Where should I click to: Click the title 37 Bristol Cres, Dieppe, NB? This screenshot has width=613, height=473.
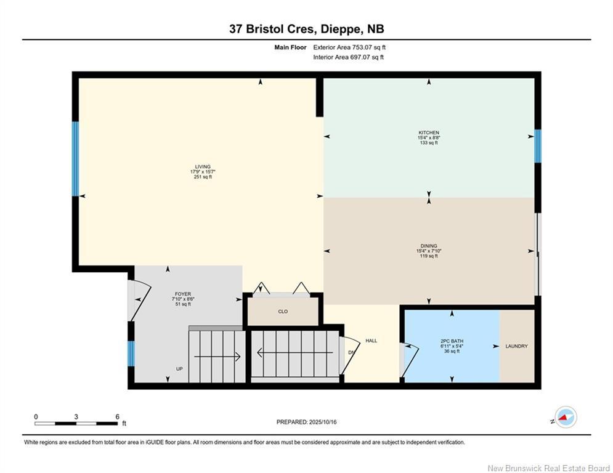pyautogui.click(x=306, y=29)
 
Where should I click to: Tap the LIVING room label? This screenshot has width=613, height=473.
pyautogui.click(x=203, y=166)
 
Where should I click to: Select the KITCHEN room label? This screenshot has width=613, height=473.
pyautogui.click(x=429, y=133)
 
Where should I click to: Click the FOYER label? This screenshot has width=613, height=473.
pyautogui.click(x=182, y=294)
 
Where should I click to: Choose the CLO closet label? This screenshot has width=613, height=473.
pyautogui.click(x=283, y=312)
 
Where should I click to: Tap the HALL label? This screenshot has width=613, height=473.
pyautogui.click(x=371, y=341)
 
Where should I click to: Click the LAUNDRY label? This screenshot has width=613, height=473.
pyautogui.click(x=516, y=346)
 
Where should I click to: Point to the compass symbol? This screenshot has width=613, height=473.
pyautogui.click(x=565, y=418)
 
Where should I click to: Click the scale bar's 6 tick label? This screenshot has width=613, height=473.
pyautogui.click(x=117, y=416)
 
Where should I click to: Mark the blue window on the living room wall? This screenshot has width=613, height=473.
pyautogui.click(x=76, y=159)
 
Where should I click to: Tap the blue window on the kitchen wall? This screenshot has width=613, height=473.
pyautogui.click(x=537, y=146)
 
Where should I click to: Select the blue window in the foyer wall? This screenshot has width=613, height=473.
pyautogui.click(x=131, y=353)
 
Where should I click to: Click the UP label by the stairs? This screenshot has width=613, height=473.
pyautogui.click(x=179, y=369)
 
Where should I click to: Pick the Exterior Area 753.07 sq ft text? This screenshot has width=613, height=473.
pyautogui.click(x=349, y=47)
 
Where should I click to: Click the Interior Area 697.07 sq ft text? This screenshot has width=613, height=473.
pyautogui.click(x=348, y=57)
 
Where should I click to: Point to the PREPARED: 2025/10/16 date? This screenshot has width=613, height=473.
pyautogui.click(x=306, y=422)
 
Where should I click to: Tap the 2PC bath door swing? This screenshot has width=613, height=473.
pyautogui.click(x=409, y=360)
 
